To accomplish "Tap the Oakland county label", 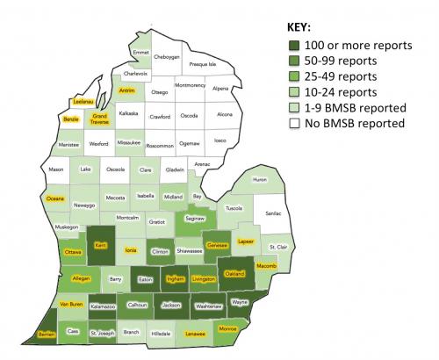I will coord(234,274).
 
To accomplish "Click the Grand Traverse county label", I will coord(99,119).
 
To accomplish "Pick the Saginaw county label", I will coord(194,217).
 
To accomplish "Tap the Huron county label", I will coord(259,179).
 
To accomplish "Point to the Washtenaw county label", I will coord(207,306).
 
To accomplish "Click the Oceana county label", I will coord(55,198).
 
